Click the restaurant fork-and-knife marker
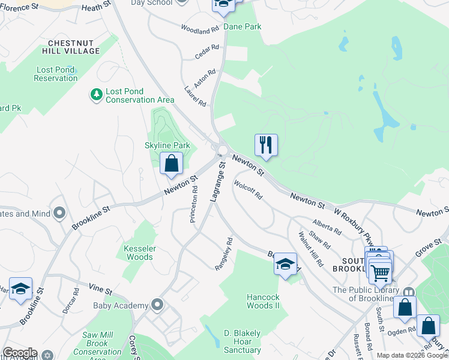click(x=266, y=145)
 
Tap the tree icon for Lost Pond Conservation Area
click(x=96, y=94)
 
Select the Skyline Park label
click(x=167, y=145)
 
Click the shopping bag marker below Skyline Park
click(x=171, y=163)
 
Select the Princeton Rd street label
click(x=194, y=204)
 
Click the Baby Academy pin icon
click(x=157, y=305)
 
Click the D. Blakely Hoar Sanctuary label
click(x=243, y=341)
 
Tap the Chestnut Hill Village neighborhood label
click(x=74, y=47)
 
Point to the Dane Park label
click(x=243, y=27)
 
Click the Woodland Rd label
click(x=200, y=29)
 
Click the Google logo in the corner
click(x=20, y=353)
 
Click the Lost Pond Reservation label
click(x=56, y=74)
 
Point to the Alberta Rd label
click(x=327, y=227)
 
